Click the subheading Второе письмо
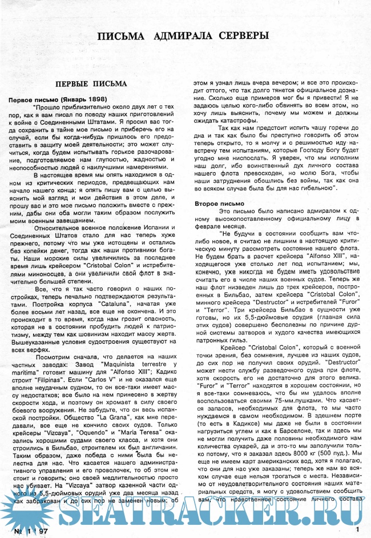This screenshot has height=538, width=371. pyautogui.click(x=220, y=203)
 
